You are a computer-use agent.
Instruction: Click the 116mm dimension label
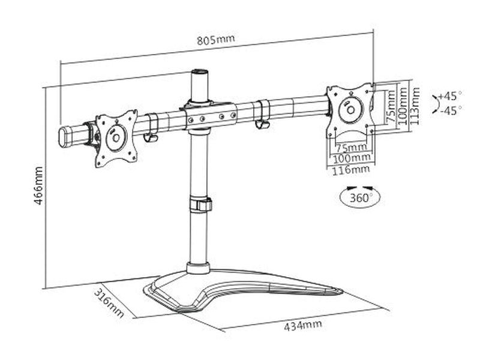[351, 170]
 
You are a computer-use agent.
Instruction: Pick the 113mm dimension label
[415, 106]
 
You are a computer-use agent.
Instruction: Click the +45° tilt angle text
[450, 95]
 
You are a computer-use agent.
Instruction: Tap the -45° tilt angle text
[450, 110]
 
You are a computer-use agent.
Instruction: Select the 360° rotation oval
[359, 197]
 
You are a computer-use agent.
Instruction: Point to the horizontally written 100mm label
[351, 158]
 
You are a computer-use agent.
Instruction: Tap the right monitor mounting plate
[350, 110]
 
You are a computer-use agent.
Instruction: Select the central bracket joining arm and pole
[210, 116]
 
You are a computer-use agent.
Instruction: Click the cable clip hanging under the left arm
[150, 138]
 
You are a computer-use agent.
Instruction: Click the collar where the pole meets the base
[198, 268]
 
